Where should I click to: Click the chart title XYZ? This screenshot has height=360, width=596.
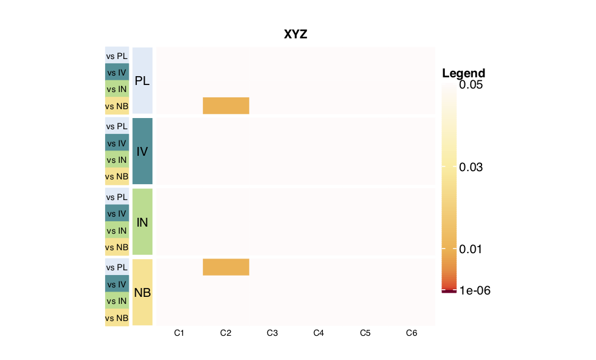(x=296, y=35)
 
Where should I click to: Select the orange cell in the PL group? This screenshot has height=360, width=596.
(x=226, y=106)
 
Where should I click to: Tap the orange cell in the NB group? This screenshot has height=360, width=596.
(x=226, y=267)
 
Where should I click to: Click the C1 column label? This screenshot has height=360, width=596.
(x=179, y=333)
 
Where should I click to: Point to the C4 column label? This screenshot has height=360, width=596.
(x=319, y=333)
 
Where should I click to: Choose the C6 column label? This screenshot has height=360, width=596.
(x=411, y=333)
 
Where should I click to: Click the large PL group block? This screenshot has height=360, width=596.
(x=143, y=81)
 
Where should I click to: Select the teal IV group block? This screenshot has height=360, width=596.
(x=143, y=151)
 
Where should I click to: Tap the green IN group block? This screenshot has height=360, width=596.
(x=143, y=222)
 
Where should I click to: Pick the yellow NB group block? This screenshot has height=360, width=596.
(x=143, y=292)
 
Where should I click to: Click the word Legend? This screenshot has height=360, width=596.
(x=463, y=73)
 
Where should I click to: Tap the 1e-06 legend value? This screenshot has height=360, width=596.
(x=475, y=290)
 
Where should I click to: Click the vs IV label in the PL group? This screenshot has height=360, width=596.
(x=117, y=73)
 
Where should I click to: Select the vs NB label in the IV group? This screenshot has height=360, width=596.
(x=117, y=176)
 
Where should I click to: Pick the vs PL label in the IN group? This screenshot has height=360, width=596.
(x=117, y=197)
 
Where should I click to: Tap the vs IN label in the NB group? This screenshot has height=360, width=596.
(x=117, y=301)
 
